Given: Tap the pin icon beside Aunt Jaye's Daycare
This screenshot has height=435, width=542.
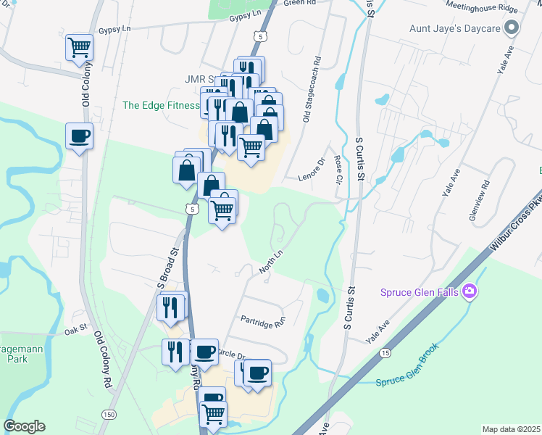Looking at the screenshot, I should (x=512, y=30).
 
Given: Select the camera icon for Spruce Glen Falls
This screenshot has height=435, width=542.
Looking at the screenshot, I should (x=470, y=291).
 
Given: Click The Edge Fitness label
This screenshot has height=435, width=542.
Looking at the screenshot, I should (x=161, y=105).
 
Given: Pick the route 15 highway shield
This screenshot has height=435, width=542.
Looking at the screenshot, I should (x=383, y=353).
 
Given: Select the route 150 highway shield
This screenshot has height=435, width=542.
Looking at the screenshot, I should (x=109, y=414).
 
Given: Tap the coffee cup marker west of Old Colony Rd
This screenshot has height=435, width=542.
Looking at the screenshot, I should (x=79, y=136).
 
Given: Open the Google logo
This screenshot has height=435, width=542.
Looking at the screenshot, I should (x=24, y=426).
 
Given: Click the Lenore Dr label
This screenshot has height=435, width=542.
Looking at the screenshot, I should (x=309, y=168).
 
